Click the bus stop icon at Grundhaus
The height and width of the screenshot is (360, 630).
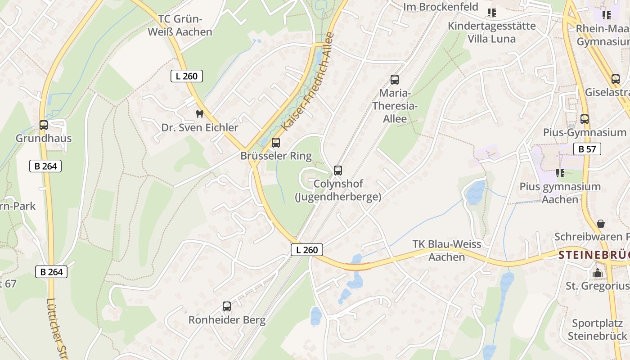coord(44,125)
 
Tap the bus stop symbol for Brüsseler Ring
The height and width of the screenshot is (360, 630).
coord(276,143)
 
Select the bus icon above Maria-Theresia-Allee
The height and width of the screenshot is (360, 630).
coord(395,80)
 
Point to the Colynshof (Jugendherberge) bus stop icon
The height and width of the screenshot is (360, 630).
coord(338,171)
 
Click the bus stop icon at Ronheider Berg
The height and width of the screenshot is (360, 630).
coord(227,306)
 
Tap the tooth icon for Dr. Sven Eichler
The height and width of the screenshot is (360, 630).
coord(200,114)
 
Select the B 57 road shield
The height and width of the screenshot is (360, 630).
coord(587,149)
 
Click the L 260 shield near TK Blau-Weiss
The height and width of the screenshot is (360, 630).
coord(307,250)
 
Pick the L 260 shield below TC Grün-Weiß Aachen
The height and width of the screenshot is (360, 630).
coord(187,76)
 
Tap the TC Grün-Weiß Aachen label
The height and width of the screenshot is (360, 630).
coord(180,25)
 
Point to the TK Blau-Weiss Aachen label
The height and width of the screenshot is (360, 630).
coord(447,251)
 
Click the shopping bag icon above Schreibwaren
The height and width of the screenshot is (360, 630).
coord(600,224)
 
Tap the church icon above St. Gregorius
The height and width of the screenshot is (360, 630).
coord(598,273)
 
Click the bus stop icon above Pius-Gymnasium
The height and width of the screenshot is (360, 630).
coord(585,119)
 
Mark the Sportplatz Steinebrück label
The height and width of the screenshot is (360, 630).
coord(597,329)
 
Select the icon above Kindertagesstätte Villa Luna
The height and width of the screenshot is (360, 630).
coord(491,13)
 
